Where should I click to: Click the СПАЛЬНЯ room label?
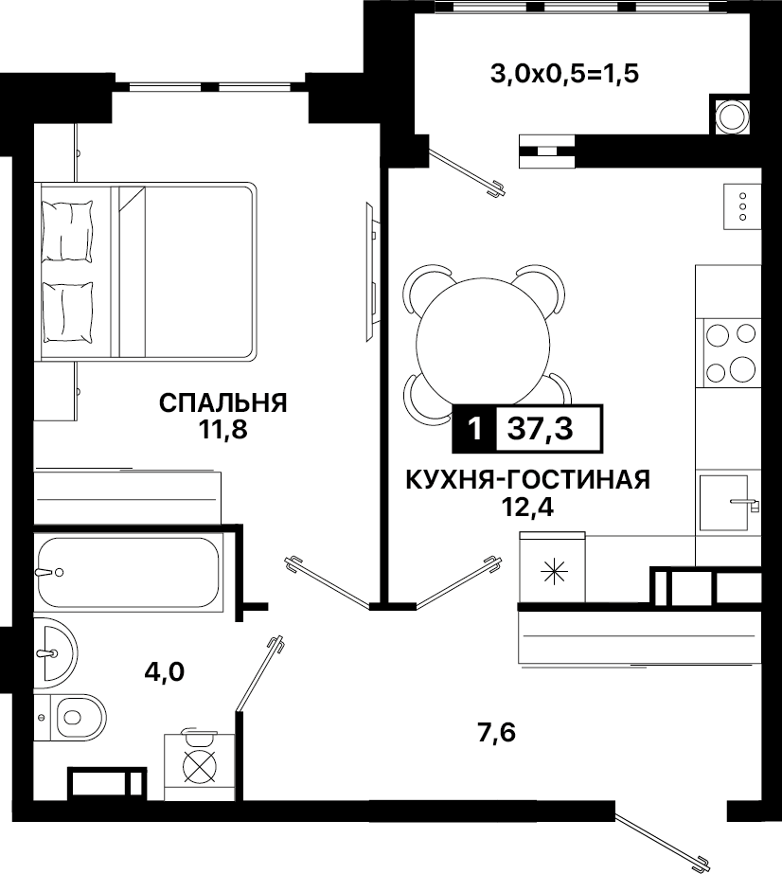coord(222,403)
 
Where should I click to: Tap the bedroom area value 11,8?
coord(222,430)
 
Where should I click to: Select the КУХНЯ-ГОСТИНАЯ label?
coord(528,479)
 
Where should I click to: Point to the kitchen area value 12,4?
coord(528,507)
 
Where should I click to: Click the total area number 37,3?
coord(541,429)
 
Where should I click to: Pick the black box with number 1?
coord(474,428)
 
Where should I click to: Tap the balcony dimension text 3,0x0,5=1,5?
coord(564,74)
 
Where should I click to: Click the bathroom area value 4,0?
coord(165,672)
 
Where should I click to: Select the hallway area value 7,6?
coord(497,733)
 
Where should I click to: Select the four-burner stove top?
coord(731,353)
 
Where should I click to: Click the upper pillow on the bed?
coord(68,231)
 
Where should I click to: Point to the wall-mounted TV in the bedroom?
coord(372,272)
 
